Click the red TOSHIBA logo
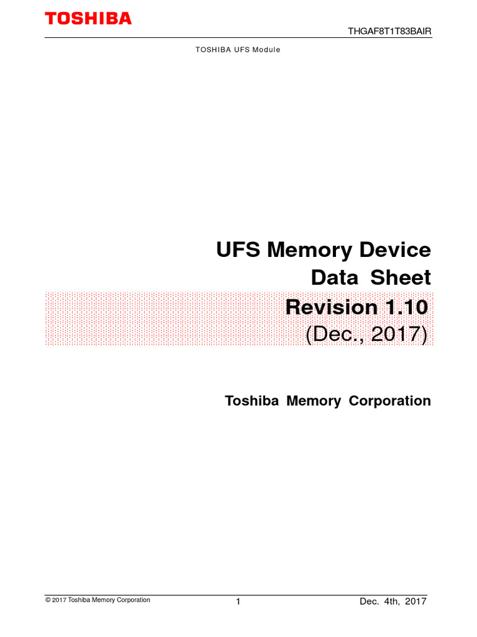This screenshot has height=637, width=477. pos(88,19)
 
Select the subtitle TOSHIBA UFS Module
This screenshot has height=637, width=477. pos(238,49)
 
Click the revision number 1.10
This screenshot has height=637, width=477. pos(406,307)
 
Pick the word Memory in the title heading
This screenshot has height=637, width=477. pos(314,250)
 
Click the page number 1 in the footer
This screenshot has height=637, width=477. pos(238,602)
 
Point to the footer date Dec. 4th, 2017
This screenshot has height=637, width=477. pos(393,602)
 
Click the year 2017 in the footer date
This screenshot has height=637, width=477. pos(415,602)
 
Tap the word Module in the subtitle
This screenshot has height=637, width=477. pos(267,49)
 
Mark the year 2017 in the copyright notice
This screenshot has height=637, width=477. pos(59,600)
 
